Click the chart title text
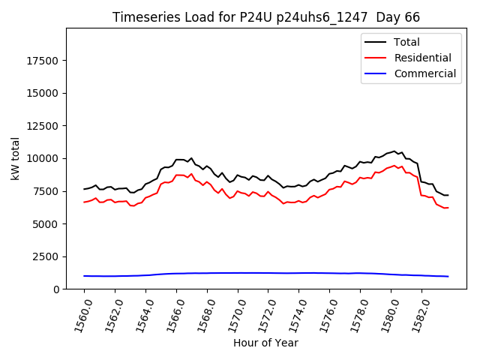[x=266, y=17]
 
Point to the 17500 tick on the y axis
[x=44, y=60]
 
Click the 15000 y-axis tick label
[x=44, y=93]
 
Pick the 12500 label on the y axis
[x=44, y=126]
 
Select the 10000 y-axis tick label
[x=44, y=158]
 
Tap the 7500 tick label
[x=47, y=191]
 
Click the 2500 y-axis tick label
[x=47, y=256]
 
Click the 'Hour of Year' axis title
[x=265, y=343]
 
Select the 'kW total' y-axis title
[x=15, y=158]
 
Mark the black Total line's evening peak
[x=394, y=151]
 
